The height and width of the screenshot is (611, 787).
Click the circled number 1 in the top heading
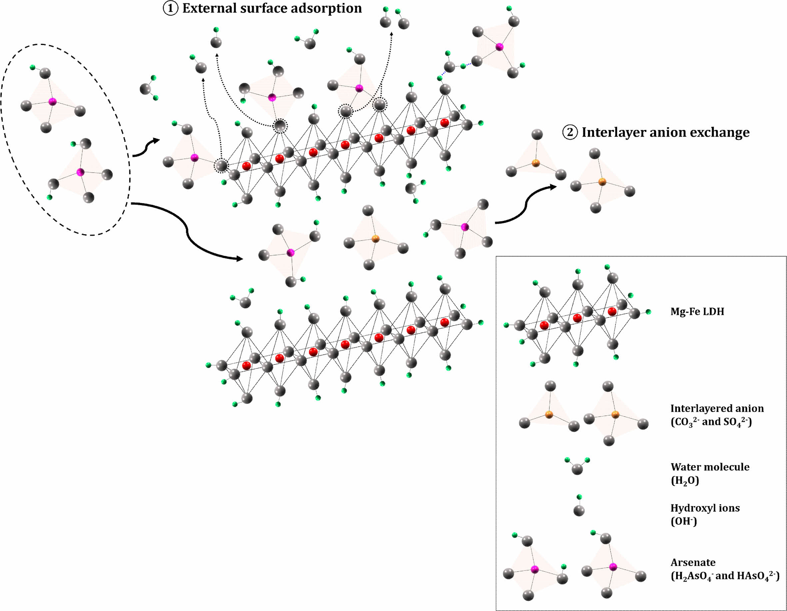[171, 8]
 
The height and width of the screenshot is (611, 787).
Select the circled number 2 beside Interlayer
[570, 132]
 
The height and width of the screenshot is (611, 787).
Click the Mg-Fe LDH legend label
[697, 311]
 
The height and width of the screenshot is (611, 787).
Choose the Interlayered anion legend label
[717, 408]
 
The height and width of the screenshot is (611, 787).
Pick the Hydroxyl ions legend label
[704, 508]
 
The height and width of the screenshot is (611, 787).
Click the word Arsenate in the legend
[693, 563]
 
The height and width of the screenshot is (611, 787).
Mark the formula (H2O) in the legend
[685, 481]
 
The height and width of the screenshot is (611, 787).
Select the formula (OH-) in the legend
[684, 522]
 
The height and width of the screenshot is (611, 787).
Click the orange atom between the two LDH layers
[375, 238]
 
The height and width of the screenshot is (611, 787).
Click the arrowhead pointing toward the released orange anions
[552, 186]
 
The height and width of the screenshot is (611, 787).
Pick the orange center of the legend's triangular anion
[549, 415]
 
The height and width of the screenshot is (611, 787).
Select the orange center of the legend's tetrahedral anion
[615, 415]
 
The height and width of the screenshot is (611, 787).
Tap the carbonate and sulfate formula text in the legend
[711, 422]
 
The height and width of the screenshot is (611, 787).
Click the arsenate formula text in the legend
[725, 576]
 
